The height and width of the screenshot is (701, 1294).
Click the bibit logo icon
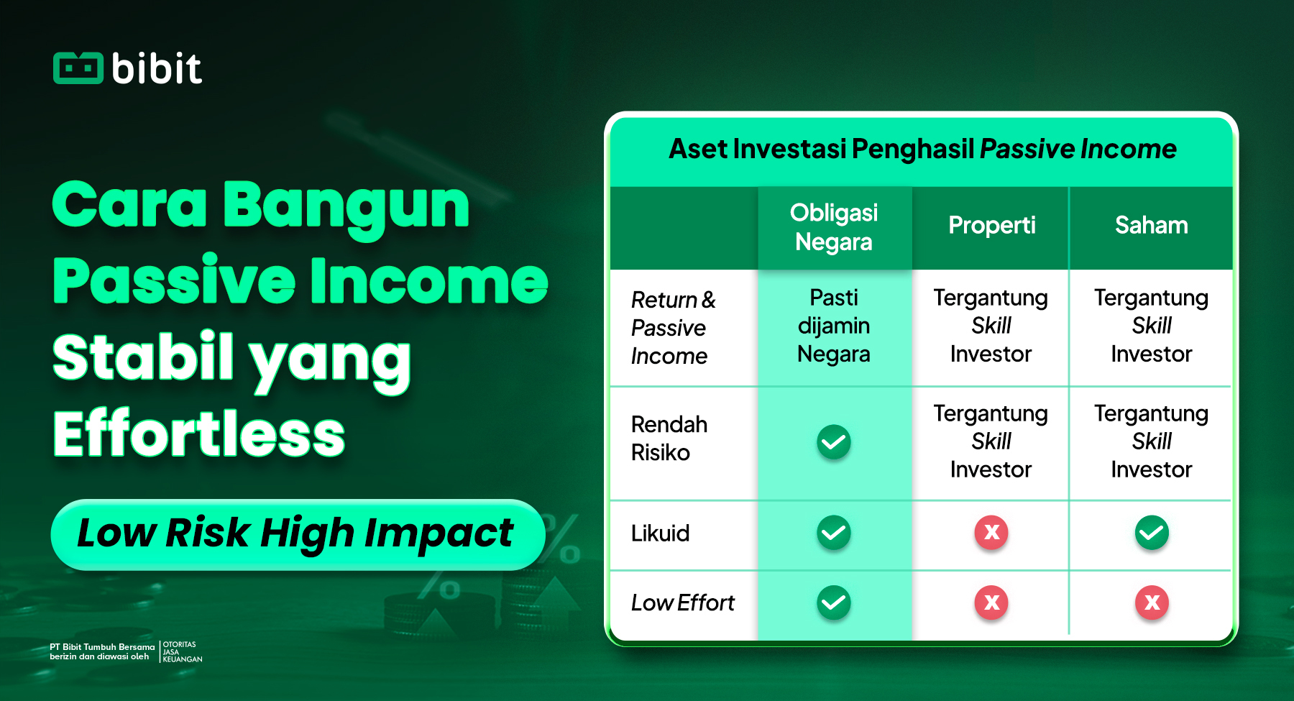click(78, 68)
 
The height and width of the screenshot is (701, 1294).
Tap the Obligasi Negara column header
click(834, 227)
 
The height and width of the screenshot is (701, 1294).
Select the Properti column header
click(992, 226)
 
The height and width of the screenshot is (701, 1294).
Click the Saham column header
click(1152, 225)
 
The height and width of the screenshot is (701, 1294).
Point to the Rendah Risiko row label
click(669, 438)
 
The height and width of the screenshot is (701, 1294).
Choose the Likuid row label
click(660, 533)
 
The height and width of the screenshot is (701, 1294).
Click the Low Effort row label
click(683, 603)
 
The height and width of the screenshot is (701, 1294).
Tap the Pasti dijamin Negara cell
click(834, 326)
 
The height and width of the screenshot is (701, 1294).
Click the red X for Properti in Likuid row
click(991, 533)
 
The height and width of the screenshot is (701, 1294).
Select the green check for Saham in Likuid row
click(1152, 533)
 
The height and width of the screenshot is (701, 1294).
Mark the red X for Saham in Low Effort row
click(1152, 603)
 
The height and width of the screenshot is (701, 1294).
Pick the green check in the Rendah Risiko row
click(834, 441)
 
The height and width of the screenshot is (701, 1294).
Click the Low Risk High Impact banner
click(297, 534)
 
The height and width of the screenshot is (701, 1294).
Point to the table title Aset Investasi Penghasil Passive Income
click(922, 149)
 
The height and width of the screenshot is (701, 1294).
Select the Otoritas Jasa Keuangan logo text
click(183, 651)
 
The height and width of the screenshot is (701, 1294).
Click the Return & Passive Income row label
click(673, 327)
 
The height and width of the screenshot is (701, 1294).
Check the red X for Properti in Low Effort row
click(991, 603)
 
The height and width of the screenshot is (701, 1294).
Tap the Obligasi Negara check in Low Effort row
click(834, 603)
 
